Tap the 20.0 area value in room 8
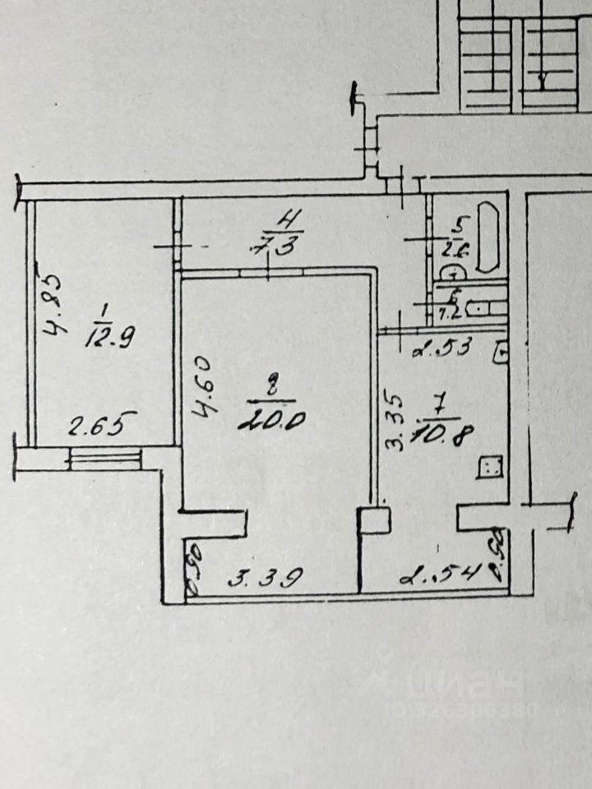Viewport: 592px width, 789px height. [x=272, y=419]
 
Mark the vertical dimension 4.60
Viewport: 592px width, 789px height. [x=205, y=386]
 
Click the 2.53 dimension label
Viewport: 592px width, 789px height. [x=442, y=347]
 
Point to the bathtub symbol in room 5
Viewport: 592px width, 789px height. [x=490, y=237]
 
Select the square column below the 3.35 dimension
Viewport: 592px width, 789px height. [x=374, y=521]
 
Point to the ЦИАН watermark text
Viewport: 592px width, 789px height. [x=465, y=686]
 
